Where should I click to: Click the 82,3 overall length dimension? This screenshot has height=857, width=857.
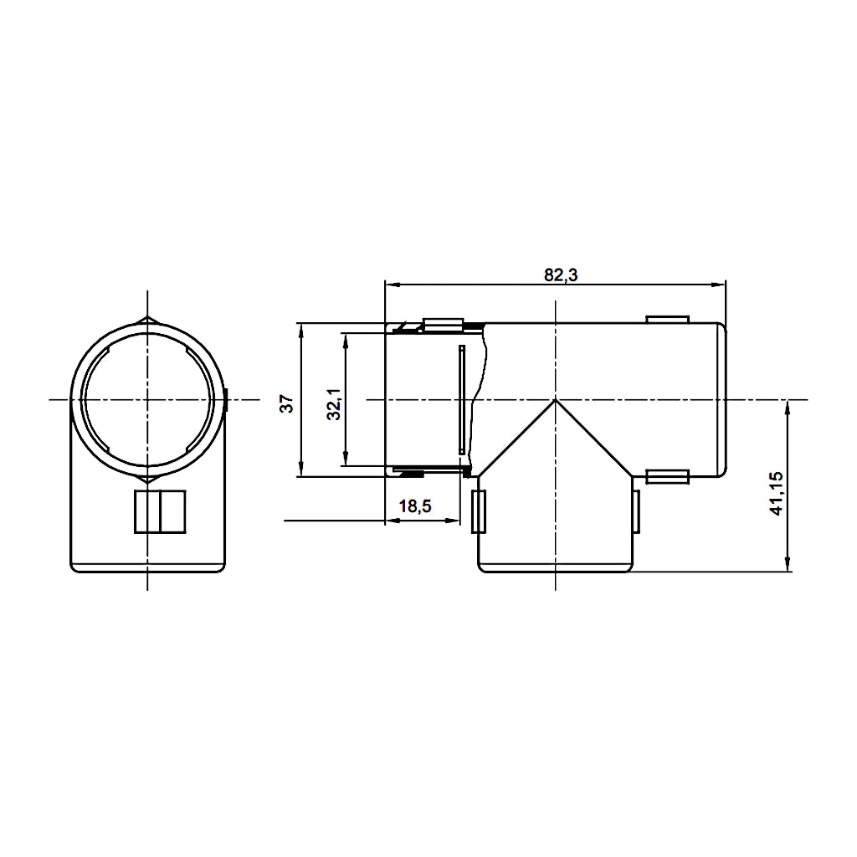pyautogui.click(x=562, y=275)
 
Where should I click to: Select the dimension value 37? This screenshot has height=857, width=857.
pyautogui.click(x=287, y=403)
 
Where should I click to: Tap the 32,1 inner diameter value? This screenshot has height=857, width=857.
pyautogui.click(x=333, y=403)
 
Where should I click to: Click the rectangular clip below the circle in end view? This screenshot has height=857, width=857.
pyautogui.click(x=160, y=511)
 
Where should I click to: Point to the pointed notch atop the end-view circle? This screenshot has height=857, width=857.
pyautogui.click(x=147, y=320)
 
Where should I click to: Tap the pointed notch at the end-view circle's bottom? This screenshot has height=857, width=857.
pyautogui.click(x=147, y=480)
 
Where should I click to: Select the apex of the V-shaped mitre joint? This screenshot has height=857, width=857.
pyautogui.click(x=555, y=401)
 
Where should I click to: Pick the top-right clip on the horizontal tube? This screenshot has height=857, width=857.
pyautogui.click(x=667, y=319)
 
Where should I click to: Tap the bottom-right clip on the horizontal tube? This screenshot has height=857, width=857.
pyautogui.click(x=667, y=477)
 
